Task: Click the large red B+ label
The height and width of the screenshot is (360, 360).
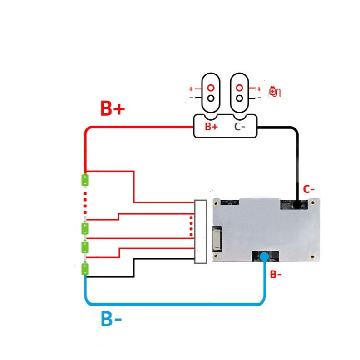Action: pyautogui.click(x=113, y=108)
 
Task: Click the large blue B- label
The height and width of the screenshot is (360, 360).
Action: pyautogui.click(x=111, y=319)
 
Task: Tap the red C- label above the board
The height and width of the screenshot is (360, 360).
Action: pyautogui.click(x=309, y=189)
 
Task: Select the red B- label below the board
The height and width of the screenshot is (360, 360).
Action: pyautogui.click(x=276, y=274)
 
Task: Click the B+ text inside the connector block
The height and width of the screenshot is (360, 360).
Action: pyautogui.click(x=211, y=127)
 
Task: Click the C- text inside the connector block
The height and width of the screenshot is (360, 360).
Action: pyautogui.click(x=240, y=127)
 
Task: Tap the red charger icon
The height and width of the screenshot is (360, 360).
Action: pyautogui.click(x=275, y=91)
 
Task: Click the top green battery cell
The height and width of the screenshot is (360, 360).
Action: pyautogui.click(x=85, y=180)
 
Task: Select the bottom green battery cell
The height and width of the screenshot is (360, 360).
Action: pyautogui.click(x=85, y=269)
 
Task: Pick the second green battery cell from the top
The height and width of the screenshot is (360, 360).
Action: pyautogui.click(x=85, y=228)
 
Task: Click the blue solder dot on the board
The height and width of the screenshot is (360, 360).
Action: pyautogui.click(x=265, y=256)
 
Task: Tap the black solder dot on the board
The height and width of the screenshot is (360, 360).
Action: pyautogui.click(x=297, y=204)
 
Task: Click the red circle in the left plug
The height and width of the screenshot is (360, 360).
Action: pyautogui.click(x=211, y=88)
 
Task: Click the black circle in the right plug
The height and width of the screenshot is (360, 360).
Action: pyautogui.click(x=239, y=99)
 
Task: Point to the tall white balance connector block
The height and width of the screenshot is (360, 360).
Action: pyautogui.click(x=201, y=232)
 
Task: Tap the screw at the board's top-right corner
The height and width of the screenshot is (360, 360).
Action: pyautogui.click(x=312, y=203)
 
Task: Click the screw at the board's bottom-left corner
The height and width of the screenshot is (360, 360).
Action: pyautogui.click(x=216, y=256)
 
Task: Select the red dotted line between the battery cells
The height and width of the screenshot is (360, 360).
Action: pyautogui.click(x=85, y=203)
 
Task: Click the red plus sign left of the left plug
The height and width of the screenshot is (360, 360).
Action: pyautogui.click(x=191, y=89)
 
